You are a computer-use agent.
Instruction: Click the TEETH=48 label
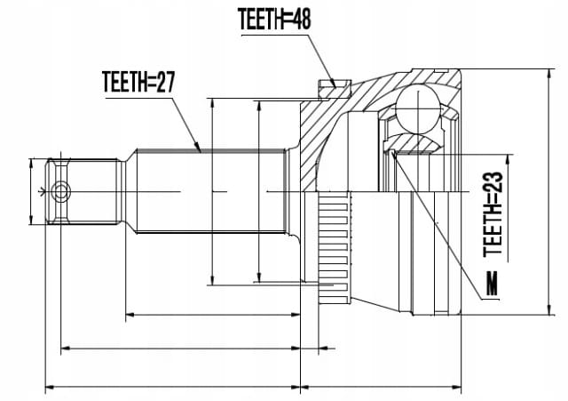coord(274,19)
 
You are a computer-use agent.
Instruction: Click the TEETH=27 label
coord(138,82)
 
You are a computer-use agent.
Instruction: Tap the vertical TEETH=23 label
coord(493,214)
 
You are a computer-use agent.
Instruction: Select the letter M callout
coord(492,283)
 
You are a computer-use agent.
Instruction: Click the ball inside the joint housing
coord(418,108)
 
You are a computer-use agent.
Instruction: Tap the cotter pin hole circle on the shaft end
coord(60,192)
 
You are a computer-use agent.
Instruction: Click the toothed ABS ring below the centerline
coord(335,248)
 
